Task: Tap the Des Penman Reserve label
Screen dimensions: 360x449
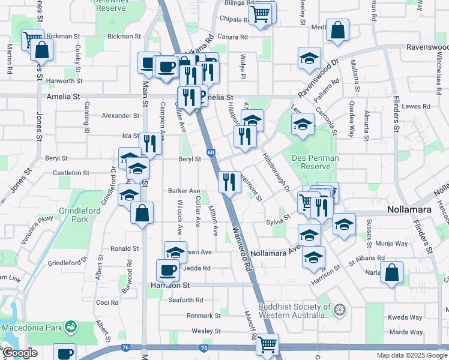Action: tap(315, 163)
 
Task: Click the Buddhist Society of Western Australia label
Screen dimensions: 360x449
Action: tap(294, 310)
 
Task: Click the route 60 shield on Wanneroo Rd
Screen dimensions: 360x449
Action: tap(211, 153)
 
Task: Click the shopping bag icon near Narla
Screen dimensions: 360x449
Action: tap(391, 272)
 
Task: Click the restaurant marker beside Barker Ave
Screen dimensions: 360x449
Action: tap(228, 181)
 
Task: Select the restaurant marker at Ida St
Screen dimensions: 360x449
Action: tap(150, 143)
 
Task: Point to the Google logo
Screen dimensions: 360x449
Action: tap(19, 353)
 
